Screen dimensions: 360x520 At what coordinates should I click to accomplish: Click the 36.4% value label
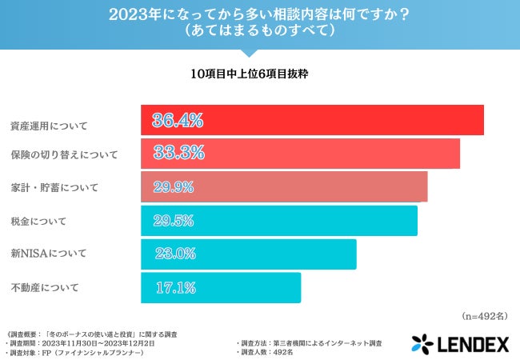click(x=178, y=121)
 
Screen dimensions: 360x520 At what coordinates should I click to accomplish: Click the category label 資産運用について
click(x=49, y=126)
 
